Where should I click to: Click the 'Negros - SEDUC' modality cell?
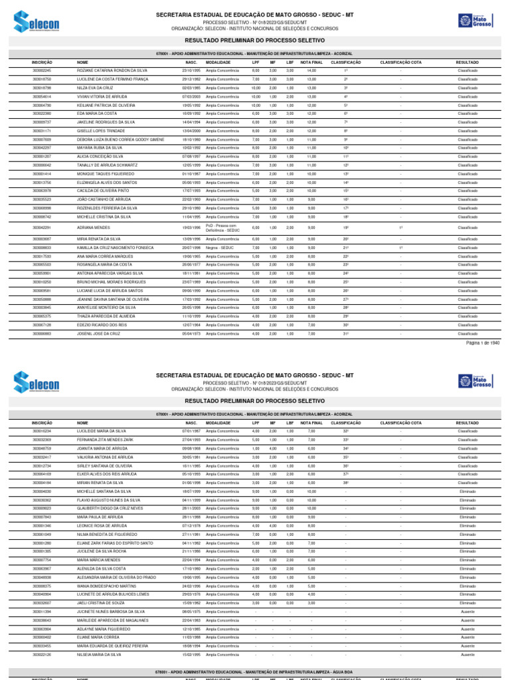218,248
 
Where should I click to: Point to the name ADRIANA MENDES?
93,228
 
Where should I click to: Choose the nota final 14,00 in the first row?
311,70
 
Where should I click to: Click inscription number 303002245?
42,70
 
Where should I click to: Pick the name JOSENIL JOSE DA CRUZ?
100,333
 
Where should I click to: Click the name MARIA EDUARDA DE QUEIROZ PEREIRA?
112,645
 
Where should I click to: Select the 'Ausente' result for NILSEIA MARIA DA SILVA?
467,654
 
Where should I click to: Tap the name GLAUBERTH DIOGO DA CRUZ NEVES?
110,508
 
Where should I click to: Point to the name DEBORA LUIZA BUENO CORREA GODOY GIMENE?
120,139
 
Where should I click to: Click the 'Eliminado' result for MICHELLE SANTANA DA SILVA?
467,491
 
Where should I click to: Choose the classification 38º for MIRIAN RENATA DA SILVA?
346,482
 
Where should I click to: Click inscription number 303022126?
42,654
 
